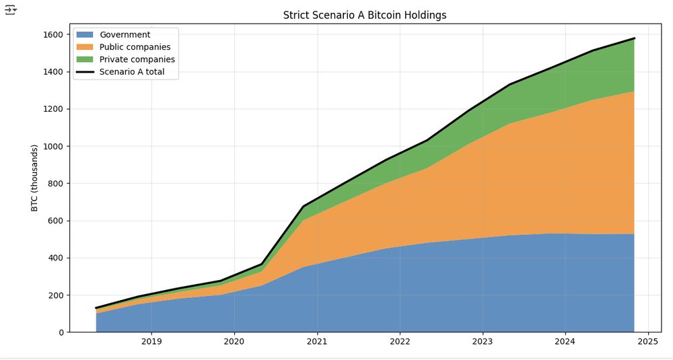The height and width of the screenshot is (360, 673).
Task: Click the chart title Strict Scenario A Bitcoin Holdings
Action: (364, 15)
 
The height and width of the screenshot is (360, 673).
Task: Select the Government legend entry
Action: (125, 35)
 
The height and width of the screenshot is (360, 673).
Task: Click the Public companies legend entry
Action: (135, 47)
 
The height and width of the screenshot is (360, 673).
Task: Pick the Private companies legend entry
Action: (137, 59)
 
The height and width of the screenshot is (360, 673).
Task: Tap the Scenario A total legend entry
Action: (132, 72)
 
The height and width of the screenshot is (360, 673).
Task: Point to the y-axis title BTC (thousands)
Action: (34, 178)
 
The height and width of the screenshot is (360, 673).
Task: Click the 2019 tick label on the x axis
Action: (151, 342)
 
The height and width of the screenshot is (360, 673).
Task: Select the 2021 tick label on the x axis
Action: (317, 342)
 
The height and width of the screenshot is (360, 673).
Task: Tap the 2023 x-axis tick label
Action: (483, 342)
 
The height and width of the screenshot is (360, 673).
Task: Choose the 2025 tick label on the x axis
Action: (647, 342)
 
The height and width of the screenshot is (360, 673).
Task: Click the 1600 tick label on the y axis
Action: (52, 35)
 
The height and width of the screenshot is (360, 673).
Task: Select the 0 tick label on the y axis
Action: (61, 332)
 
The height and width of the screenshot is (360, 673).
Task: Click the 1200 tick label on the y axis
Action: (52, 109)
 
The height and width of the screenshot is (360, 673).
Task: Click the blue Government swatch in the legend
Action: (85, 35)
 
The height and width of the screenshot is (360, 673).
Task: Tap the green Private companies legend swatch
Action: (85, 59)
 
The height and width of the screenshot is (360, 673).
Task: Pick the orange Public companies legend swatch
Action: (85, 47)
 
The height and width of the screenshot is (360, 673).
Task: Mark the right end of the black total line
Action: (634, 38)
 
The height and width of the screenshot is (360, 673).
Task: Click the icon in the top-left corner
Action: (10, 9)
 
